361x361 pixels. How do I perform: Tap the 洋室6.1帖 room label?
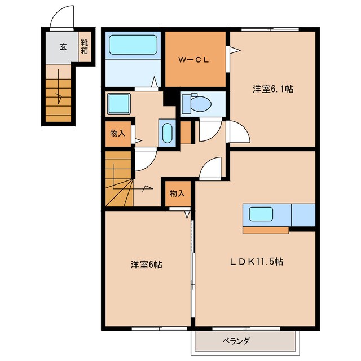coord(272,89)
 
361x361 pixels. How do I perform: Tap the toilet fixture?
coord(197,103)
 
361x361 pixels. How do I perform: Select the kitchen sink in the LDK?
coord(261,214)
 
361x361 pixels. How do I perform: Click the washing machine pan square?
coord(120,104)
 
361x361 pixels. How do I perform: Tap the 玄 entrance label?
coord(63,47)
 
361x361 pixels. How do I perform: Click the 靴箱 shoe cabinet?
coord(84,47)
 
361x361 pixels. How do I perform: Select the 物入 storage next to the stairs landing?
coord(117,134)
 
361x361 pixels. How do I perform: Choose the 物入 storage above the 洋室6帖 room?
coord(177,193)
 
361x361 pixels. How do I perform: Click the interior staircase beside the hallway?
coord(118,181)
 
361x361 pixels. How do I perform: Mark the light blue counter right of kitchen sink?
coord(303,215)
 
